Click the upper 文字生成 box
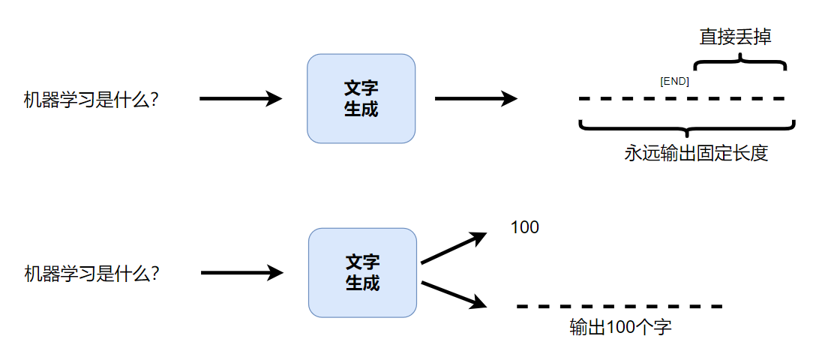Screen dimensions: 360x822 (x=361, y=98)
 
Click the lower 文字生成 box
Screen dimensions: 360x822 (x=362, y=272)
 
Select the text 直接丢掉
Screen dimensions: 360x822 (x=735, y=37)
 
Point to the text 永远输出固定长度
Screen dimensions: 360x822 (x=696, y=154)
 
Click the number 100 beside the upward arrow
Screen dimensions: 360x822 (x=524, y=227)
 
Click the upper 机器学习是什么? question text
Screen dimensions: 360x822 (x=91, y=100)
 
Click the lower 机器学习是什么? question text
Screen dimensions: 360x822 (x=91, y=274)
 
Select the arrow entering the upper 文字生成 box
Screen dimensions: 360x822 (x=240, y=98)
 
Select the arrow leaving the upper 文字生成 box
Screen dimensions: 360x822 (x=475, y=98)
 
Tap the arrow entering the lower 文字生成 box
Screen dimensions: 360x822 (x=241, y=273)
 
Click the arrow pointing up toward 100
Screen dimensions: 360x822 (x=454, y=248)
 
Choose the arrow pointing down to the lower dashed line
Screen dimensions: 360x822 (x=454, y=294)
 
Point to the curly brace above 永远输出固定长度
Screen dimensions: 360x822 (x=687, y=126)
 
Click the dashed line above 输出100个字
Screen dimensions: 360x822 (x=619, y=306)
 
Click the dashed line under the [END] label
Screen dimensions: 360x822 (x=681, y=98)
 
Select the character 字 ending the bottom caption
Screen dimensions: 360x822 (x=662, y=328)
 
